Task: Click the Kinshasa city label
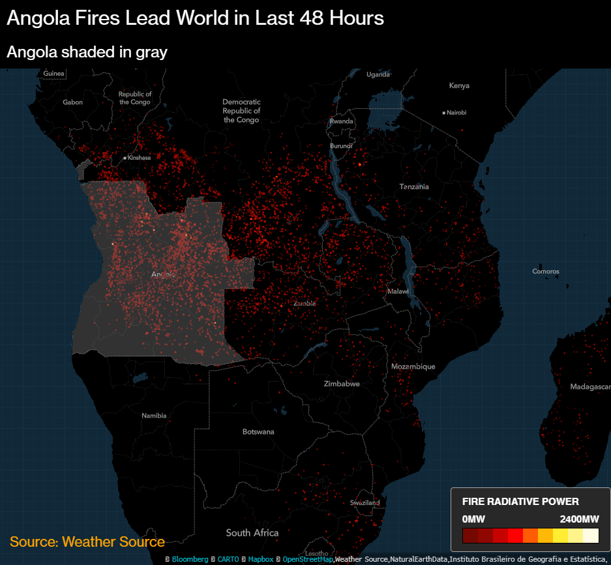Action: tap(139, 158)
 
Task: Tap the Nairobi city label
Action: tap(456, 113)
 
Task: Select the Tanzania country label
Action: tap(414, 187)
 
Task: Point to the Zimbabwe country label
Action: tap(342, 384)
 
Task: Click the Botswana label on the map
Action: tap(258, 432)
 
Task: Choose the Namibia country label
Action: tap(154, 416)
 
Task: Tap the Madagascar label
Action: tap(589, 387)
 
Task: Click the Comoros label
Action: tap(545, 271)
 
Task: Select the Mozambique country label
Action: tap(413, 367)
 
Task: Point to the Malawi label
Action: tap(398, 291)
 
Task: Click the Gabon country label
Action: tap(72, 102)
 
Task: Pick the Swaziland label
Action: tap(365, 503)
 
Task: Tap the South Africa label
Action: tap(252, 533)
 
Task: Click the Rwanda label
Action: tap(341, 121)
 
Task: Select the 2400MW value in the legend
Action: tap(579, 519)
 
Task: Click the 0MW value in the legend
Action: tap(473, 519)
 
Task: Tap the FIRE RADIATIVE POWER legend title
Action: tap(520, 502)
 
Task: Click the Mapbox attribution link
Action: tap(260, 559)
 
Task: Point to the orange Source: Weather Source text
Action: tap(87, 542)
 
